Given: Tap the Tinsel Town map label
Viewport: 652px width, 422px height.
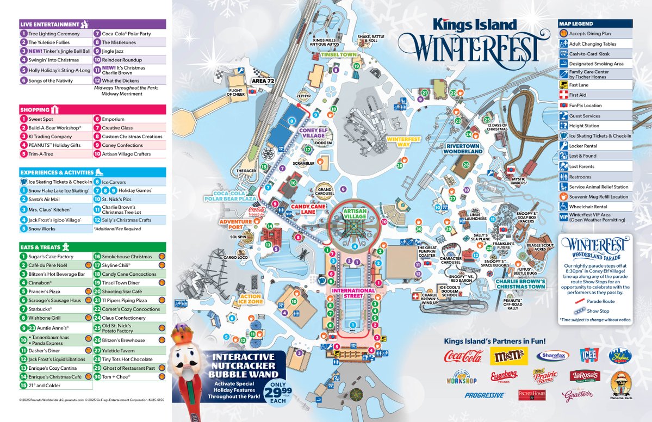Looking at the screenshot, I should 338,55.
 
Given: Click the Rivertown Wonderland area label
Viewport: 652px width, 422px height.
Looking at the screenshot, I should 464,148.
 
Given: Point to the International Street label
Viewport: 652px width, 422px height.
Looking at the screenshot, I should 353,290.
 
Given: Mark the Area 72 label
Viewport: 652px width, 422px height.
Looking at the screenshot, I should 263,80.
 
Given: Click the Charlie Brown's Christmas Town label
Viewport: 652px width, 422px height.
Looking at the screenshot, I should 520,284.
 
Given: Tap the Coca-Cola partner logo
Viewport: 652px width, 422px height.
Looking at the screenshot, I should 463,356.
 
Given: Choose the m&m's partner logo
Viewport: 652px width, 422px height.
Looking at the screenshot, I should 508,356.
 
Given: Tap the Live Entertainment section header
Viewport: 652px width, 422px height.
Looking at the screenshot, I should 50,24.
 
